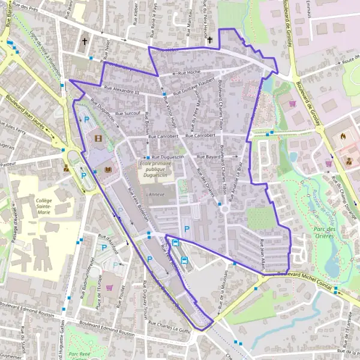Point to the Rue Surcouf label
(128, 113)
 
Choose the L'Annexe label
(155, 194)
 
